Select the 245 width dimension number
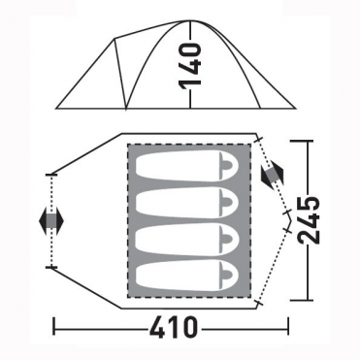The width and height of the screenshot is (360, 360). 309,220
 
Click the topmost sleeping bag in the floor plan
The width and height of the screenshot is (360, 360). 187,165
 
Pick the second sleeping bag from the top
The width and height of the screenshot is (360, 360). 187,203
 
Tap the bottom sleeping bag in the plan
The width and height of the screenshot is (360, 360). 187,277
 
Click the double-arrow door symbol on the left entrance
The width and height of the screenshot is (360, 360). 51,221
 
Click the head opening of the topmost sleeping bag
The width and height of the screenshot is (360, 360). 226,165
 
